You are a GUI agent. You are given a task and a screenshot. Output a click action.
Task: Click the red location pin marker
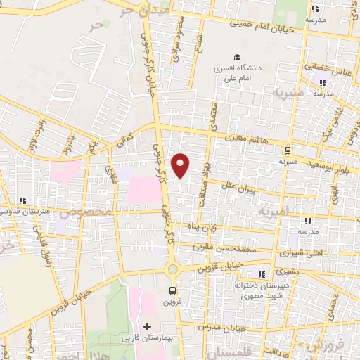181,165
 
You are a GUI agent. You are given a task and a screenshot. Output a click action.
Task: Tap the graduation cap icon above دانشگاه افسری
238,58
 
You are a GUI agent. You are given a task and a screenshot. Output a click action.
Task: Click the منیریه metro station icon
287,149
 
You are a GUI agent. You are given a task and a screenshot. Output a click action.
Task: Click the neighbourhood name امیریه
273,210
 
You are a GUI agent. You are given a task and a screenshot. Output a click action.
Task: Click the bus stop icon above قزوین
173,290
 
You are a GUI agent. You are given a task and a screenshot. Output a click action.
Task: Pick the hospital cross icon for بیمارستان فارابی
147,326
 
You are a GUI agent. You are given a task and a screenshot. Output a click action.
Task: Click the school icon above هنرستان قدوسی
23,200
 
